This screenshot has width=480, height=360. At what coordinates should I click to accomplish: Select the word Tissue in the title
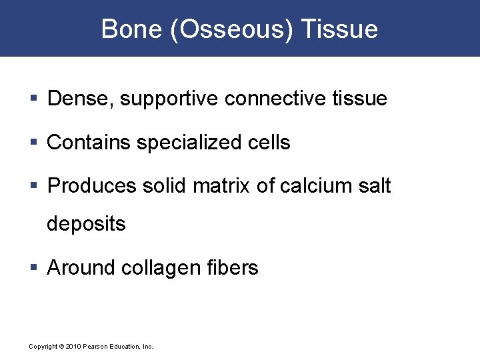point(339,29)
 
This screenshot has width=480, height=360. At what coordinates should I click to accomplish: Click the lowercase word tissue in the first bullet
point(359,99)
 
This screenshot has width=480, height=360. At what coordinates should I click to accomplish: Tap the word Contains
point(89,142)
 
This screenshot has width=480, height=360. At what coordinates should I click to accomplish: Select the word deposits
point(86,224)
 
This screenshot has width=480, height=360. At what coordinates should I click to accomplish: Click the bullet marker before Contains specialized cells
point(35,143)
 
